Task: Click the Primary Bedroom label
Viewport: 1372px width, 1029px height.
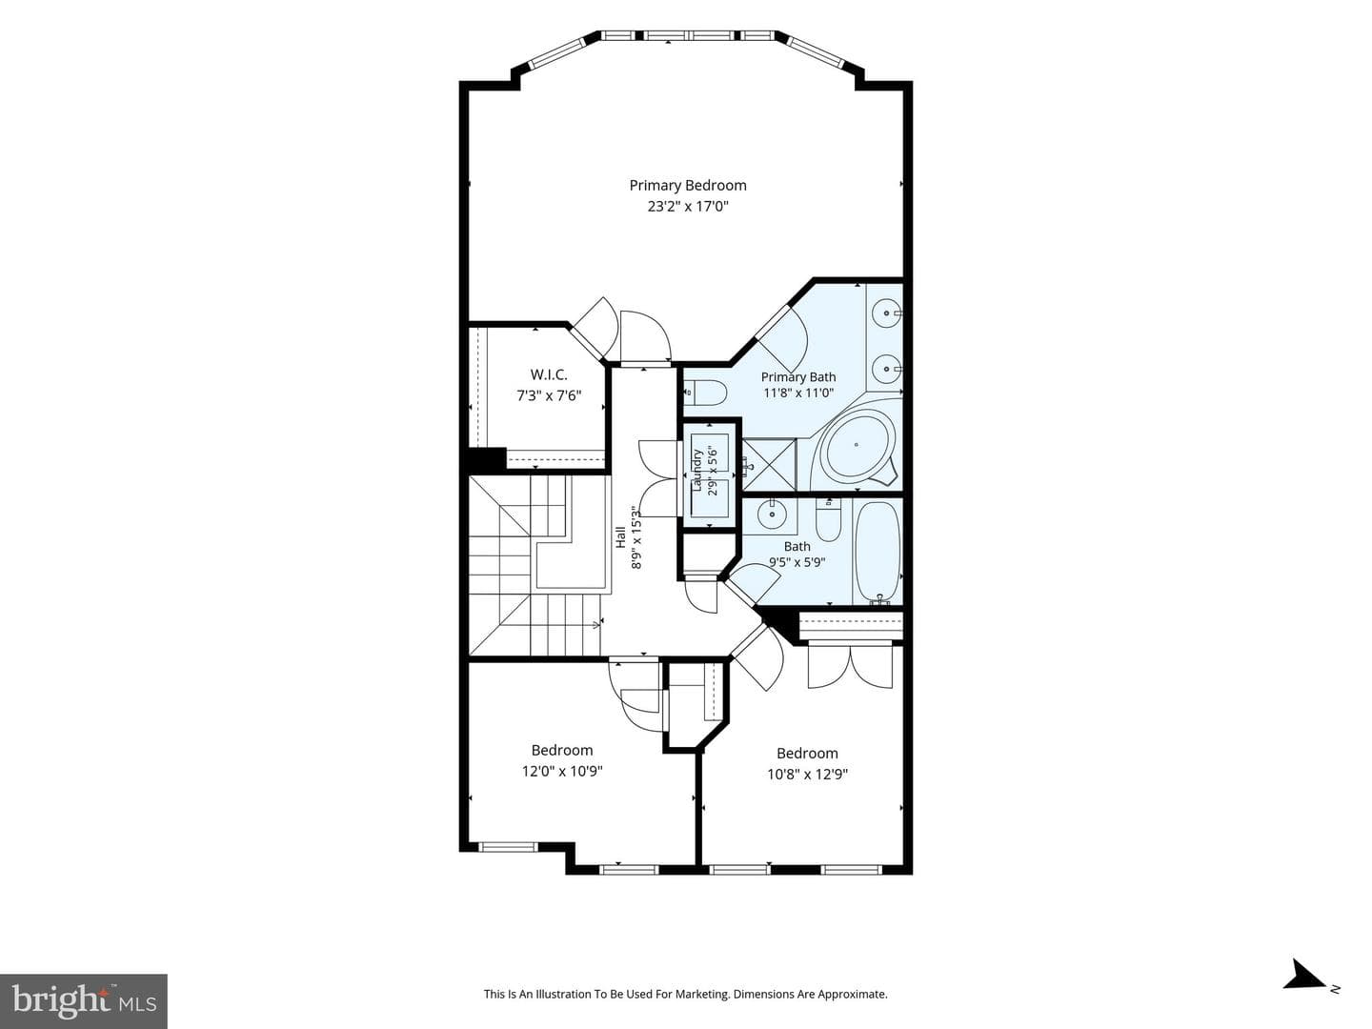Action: [688, 186]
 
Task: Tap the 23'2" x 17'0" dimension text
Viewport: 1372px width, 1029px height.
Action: [688, 206]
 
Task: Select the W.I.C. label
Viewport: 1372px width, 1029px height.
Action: [549, 374]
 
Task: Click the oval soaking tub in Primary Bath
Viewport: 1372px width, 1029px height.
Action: [856, 445]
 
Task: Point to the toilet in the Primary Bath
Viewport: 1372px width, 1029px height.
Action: [705, 393]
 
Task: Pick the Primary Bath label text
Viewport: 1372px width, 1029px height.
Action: [798, 376]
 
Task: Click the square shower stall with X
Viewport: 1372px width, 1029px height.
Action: [770, 465]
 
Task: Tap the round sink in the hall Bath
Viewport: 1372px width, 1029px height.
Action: [773, 514]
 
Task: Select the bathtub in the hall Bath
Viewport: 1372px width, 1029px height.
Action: [878, 552]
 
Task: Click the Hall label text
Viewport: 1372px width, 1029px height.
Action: [620, 537]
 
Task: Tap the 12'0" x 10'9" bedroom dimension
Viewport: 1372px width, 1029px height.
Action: [562, 771]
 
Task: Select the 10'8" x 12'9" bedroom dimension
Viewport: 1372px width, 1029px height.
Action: [807, 774]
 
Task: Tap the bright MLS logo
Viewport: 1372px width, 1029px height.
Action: [84, 1001]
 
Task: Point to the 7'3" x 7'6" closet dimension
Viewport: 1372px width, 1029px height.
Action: [549, 395]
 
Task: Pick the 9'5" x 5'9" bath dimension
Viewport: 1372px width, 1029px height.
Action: [797, 562]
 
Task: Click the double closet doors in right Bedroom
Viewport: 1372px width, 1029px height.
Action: [850, 667]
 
